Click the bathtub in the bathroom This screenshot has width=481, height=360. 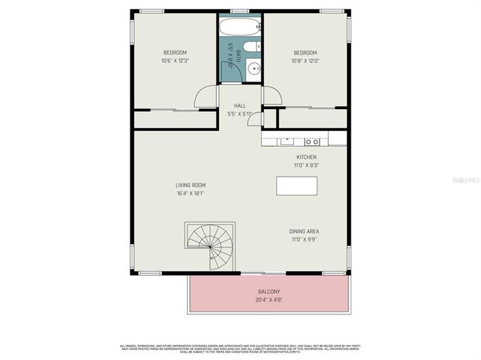click(239, 27)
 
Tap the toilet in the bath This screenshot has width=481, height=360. click(250, 48)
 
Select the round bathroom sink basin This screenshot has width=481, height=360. click(253, 68)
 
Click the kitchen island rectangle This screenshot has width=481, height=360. click(296, 185)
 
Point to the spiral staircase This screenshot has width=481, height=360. click(209, 243)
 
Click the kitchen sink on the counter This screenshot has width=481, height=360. click(287, 141)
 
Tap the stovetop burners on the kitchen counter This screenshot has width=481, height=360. click(312, 141)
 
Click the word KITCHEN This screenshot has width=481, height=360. click(306, 157)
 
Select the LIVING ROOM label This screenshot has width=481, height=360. click(190, 185)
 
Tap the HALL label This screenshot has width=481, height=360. click(239, 106)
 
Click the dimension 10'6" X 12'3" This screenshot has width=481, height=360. click(175, 61)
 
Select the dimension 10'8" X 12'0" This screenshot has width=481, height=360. click(306, 61)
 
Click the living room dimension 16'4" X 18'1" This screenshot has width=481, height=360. click(190, 193)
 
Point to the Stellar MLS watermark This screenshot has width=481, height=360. click(467, 180)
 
